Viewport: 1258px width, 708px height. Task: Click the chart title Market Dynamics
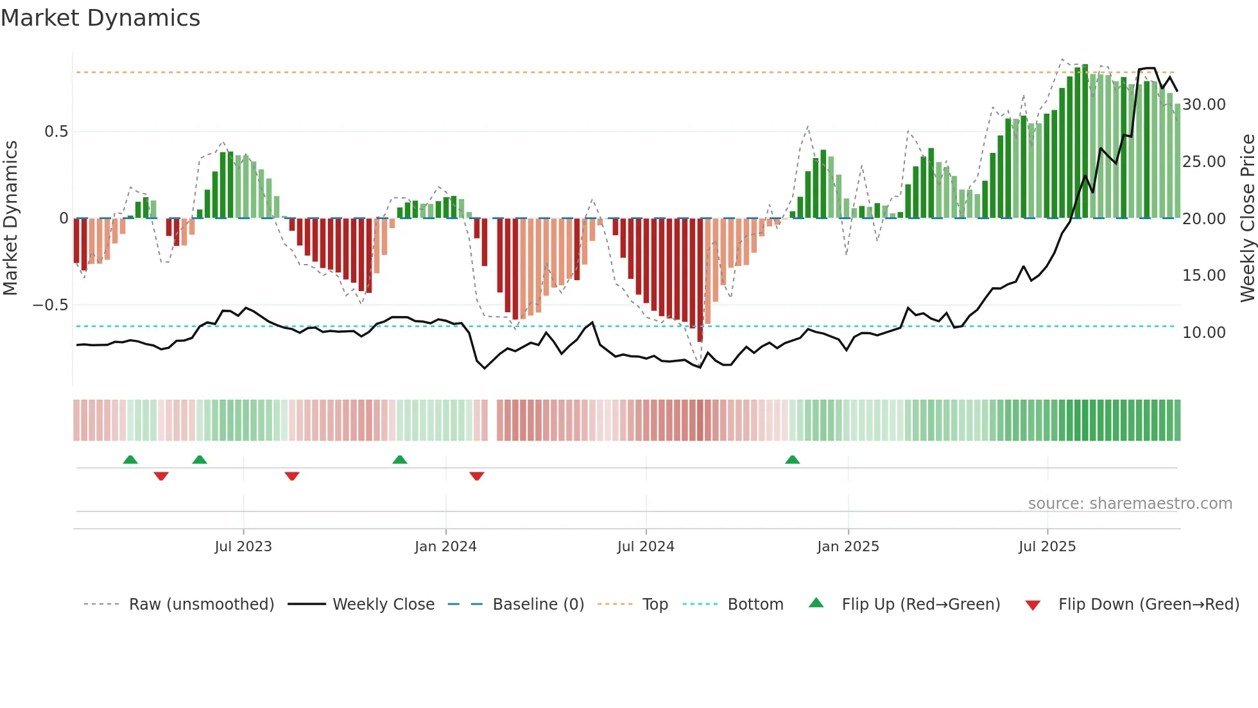100,18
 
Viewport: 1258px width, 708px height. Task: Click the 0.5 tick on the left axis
56,132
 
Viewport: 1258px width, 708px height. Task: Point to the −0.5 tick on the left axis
51,305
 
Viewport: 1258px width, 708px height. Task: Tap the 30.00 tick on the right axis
1204,105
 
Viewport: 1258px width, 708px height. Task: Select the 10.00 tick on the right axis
1204,333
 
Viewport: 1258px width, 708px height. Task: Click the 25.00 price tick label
1204,162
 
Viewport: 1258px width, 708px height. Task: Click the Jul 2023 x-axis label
243,547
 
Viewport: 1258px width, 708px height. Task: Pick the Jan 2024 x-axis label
445,547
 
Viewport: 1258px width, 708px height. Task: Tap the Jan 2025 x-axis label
848,547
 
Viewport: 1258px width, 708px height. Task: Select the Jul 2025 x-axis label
1047,547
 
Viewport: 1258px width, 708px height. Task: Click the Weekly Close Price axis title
1247,218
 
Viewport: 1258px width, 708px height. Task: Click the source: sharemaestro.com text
1130,504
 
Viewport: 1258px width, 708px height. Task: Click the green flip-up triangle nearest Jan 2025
793,460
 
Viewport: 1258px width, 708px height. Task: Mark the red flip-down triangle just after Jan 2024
477,476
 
